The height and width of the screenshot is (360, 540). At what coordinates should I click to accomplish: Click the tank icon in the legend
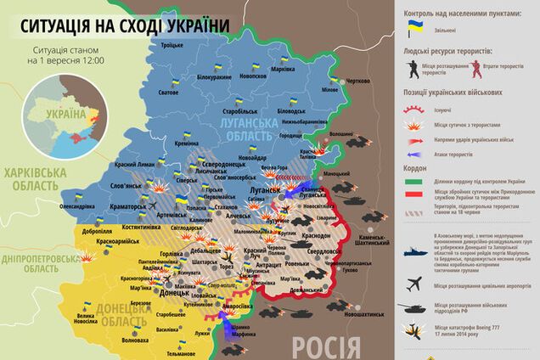coord(415,308)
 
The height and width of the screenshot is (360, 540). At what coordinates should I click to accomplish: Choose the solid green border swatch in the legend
coord(415,180)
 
